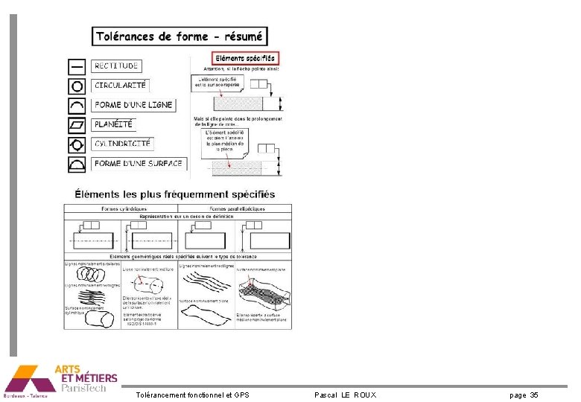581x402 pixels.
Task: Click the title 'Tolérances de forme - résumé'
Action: click(180, 36)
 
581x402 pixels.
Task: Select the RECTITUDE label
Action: click(116, 66)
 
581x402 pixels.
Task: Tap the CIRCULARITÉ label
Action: click(121, 86)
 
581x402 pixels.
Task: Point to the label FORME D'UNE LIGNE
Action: click(133, 105)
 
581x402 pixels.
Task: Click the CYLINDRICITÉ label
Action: click(122, 144)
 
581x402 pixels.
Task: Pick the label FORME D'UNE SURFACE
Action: click(139, 163)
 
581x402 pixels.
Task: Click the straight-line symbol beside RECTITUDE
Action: click(77, 66)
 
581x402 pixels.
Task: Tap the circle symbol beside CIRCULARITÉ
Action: click(77, 86)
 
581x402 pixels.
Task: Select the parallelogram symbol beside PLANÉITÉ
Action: click(77, 124)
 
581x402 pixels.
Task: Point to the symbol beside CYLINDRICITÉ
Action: click(77, 144)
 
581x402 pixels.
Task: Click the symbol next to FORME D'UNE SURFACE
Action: click(77, 163)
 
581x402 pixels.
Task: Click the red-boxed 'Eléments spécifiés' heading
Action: click(245, 57)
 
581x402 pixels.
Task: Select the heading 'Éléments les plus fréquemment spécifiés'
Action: click(175, 194)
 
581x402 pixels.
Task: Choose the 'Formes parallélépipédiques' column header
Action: click(237, 209)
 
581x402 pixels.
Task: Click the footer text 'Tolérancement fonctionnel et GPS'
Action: click(193, 395)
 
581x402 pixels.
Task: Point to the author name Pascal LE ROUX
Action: click(345, 395)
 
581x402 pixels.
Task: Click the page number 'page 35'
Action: click(524, 395)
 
